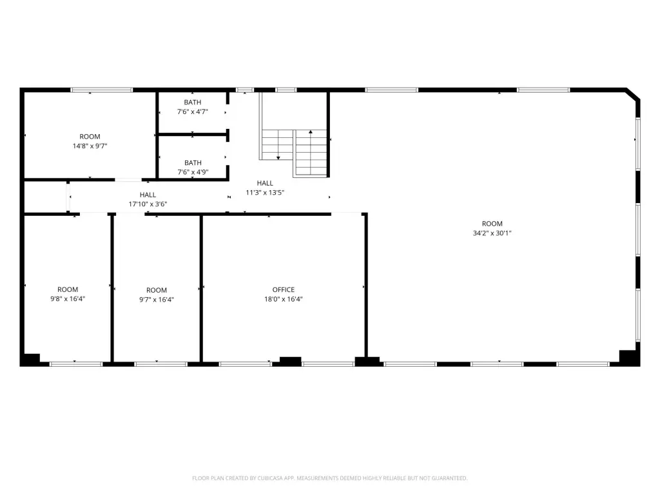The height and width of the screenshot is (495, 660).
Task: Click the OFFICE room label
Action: point(284,289)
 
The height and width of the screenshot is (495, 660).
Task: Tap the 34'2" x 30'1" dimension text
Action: point(492,233)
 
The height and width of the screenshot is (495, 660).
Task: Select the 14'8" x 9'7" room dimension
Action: point(90,146)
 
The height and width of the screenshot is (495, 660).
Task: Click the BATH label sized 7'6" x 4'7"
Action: point(192,102)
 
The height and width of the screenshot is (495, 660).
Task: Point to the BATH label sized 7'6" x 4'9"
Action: point(193,163)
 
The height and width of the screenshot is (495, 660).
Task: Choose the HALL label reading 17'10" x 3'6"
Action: point(148,195)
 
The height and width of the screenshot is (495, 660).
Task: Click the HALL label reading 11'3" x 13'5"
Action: point(265,183)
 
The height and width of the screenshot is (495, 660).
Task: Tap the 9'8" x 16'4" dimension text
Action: point(68,299)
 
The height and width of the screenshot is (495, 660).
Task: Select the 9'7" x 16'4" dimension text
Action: point(157,300)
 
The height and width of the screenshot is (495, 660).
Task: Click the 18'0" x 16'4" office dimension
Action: point(284,299)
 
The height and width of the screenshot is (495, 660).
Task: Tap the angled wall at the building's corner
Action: point(633,94)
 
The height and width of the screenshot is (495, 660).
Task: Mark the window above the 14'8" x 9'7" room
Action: point(101,90)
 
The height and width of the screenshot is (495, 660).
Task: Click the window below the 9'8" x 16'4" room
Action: point(76,364)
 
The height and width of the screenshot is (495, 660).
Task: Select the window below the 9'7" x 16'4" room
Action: point(160,364)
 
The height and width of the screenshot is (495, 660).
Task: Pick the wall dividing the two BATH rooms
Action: point(193,135)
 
